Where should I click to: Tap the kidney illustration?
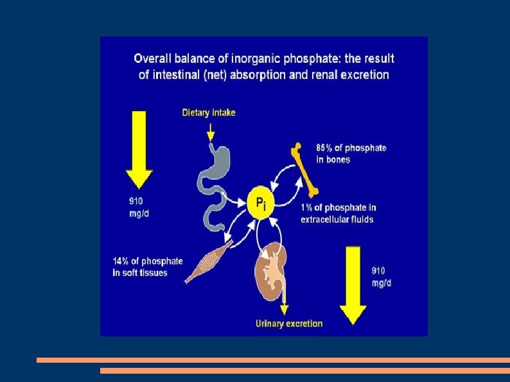(272, 272)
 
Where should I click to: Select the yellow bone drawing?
(307, 171)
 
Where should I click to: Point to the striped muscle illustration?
(209, 260)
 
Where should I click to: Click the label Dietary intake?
(209, 112)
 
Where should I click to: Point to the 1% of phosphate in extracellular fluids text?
(338, 213)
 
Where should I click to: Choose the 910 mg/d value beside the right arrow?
(382, 277)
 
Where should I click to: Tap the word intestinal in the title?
(178, 74)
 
